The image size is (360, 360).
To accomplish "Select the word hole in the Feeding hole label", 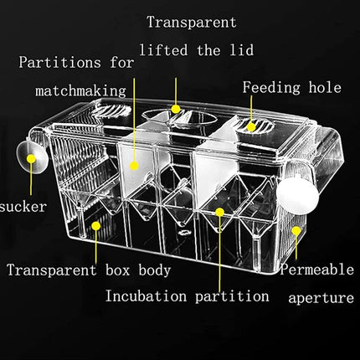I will pyautogui.click(x=321, y=87).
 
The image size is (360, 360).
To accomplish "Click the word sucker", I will pyautogui.click(x=23, y=206).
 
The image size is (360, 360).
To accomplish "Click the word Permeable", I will pyautogui.click(x=316, y=270).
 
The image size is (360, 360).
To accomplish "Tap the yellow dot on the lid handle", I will pyautogui.click(x=176, y=108).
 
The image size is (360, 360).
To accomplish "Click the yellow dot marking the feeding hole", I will pyautogui.click(x=250, y=126).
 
